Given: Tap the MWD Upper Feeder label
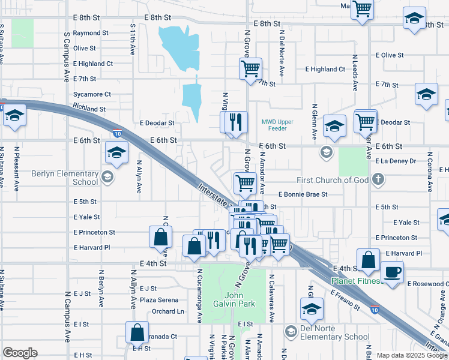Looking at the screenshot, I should click(x=277, y=125).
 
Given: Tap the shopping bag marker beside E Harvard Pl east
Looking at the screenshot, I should click(x=369, y=260).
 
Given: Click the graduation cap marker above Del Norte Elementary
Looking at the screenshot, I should click(x=312, y=310).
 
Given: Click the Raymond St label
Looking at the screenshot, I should click(x=91, y=33).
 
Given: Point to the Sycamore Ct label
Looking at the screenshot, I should click(x=92, y=94).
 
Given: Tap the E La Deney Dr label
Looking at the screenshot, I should click(x=396, y=161).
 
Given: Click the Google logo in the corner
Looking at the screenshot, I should click(x=20, y=353).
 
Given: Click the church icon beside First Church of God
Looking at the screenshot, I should click(x=378, y=179).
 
